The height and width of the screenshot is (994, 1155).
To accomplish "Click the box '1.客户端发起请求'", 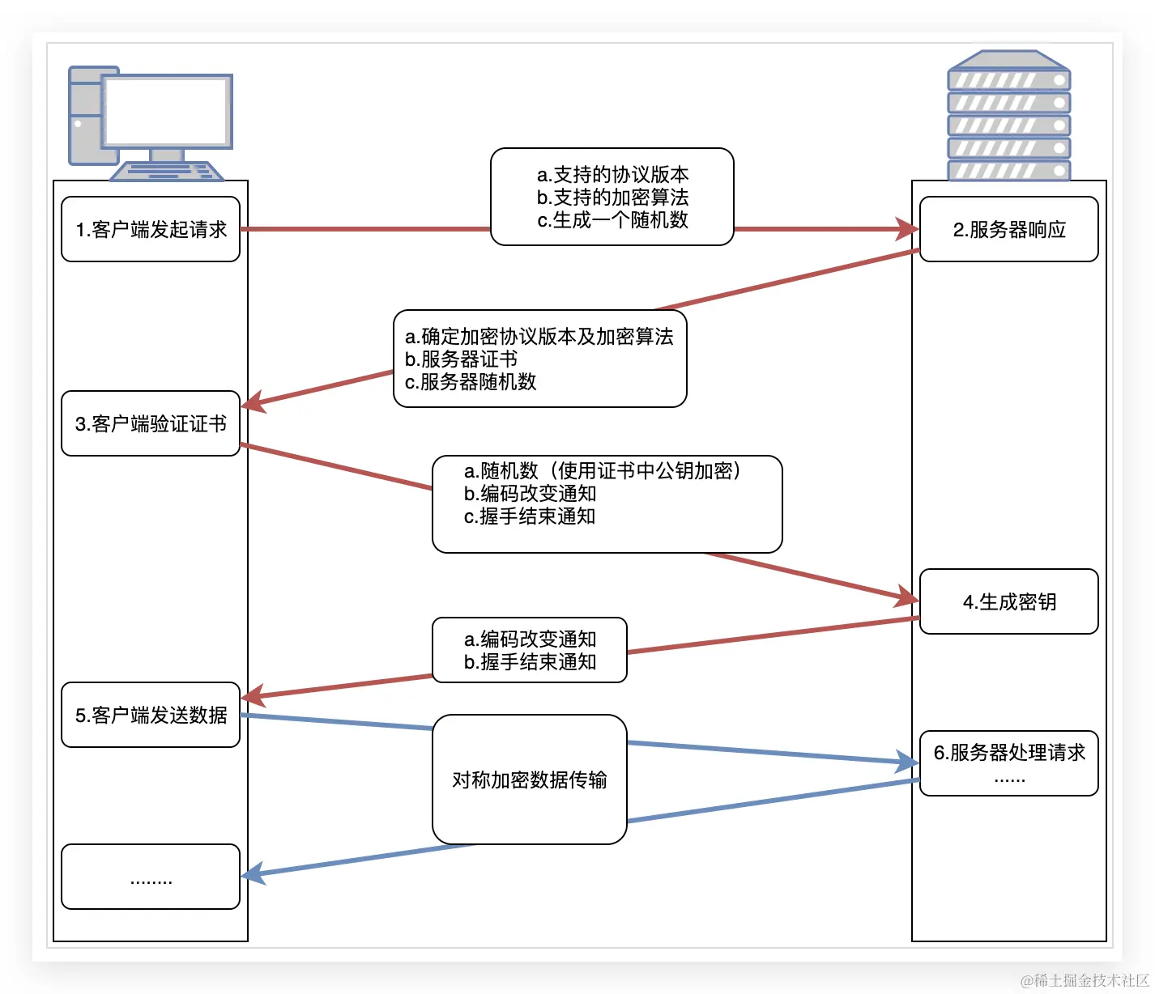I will tap(151, 229).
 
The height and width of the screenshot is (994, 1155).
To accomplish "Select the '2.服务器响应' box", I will tap(1008, 229).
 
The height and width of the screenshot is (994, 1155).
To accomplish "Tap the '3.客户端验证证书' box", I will tap(151, 423).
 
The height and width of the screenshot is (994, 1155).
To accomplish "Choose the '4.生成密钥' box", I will tap(1008, 601).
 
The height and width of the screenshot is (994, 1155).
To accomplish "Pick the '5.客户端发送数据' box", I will tap(151, 715).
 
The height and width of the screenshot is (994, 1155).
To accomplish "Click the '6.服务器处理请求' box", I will tap(1008, 762).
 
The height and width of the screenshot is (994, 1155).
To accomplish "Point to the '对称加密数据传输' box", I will tap(529, 779).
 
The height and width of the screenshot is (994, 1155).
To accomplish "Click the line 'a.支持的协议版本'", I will tap(612, 175).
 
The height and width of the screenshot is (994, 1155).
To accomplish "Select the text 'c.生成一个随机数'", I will tap(612, 220).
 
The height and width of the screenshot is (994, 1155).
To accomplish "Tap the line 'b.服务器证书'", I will tap(461, 359).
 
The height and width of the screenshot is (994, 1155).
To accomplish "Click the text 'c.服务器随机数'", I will tap(471, 382).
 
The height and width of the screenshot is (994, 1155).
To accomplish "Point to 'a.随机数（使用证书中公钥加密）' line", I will tap(603, 471).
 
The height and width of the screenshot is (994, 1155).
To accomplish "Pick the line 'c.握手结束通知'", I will tap(530, 516).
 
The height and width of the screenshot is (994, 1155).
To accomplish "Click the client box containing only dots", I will tap(151, 877).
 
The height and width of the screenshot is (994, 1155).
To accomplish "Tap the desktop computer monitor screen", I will tap(166, 111).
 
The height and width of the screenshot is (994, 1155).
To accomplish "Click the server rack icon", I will tap(1008, 116).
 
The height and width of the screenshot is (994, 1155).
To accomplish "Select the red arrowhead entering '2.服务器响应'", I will tap(907, 229).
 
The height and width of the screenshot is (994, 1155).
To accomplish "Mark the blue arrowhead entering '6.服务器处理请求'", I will tap(907, 762).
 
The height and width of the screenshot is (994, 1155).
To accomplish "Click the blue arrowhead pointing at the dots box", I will tap(253, 873).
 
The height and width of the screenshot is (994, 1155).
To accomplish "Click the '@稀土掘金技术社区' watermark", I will tap(1085, 980).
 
